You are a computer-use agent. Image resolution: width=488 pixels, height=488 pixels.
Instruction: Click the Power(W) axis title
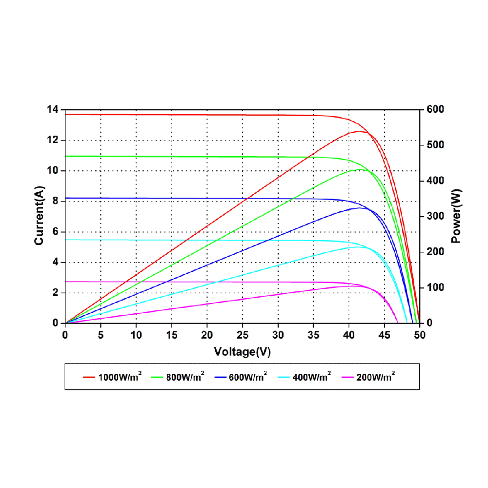[456, 216]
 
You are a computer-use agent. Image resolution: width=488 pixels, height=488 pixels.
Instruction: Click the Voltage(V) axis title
[242, 351]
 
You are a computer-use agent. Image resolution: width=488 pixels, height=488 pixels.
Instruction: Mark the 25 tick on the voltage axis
[243, 335]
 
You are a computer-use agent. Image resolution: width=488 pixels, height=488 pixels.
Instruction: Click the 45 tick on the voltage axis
[384, 335]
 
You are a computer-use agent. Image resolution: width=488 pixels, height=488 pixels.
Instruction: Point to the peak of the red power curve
[359, 131]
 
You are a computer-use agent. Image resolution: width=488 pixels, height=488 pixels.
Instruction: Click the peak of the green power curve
[360, 169]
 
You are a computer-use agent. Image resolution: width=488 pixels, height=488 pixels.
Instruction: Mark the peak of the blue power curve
[360, 208]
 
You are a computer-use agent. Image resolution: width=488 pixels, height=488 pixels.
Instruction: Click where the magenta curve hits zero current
[398, 323]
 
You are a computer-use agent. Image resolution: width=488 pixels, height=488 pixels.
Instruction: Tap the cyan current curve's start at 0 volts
[66, 240]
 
